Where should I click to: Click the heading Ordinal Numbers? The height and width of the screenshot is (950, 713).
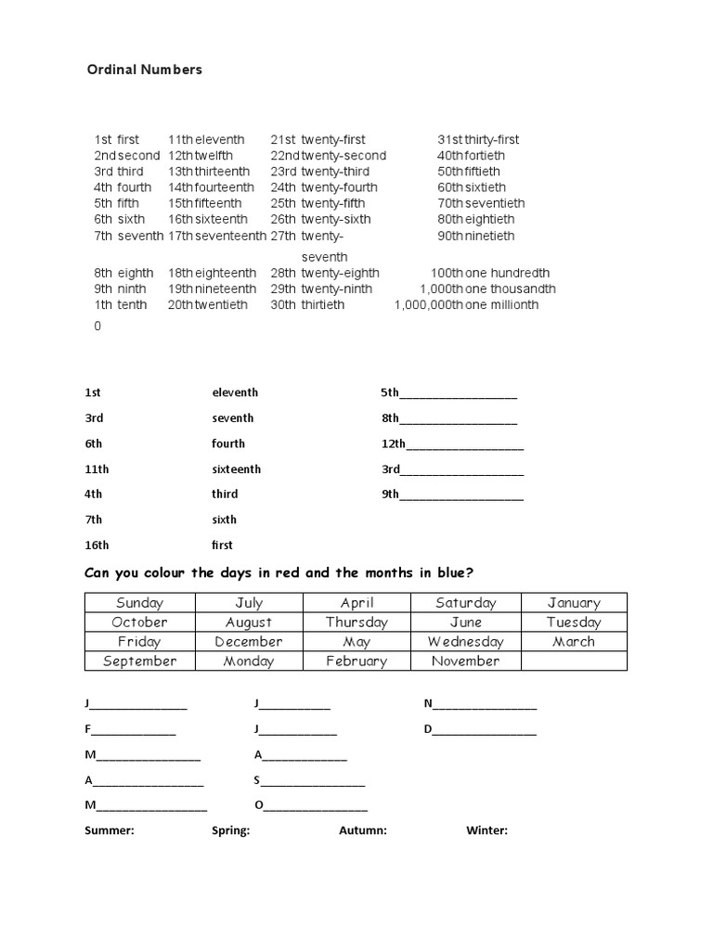[144, 70]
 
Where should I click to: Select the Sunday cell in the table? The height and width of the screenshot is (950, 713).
[139, 603]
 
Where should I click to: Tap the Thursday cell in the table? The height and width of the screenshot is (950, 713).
[356, 623]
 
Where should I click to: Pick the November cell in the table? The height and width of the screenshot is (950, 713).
[465, 661]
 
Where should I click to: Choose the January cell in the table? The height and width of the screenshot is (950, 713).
[574, 603]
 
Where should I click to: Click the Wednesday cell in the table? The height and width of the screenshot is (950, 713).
[465, 642]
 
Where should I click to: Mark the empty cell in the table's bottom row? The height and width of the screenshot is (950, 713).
[574, 661]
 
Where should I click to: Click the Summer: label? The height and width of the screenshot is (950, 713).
[110, 831]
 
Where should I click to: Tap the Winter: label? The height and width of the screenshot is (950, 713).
[486, 831]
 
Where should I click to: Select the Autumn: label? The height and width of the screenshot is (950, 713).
[363, 831]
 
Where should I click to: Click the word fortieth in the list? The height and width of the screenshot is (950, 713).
[484, 156]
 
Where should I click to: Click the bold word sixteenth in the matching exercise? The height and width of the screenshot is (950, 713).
[236, 469]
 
